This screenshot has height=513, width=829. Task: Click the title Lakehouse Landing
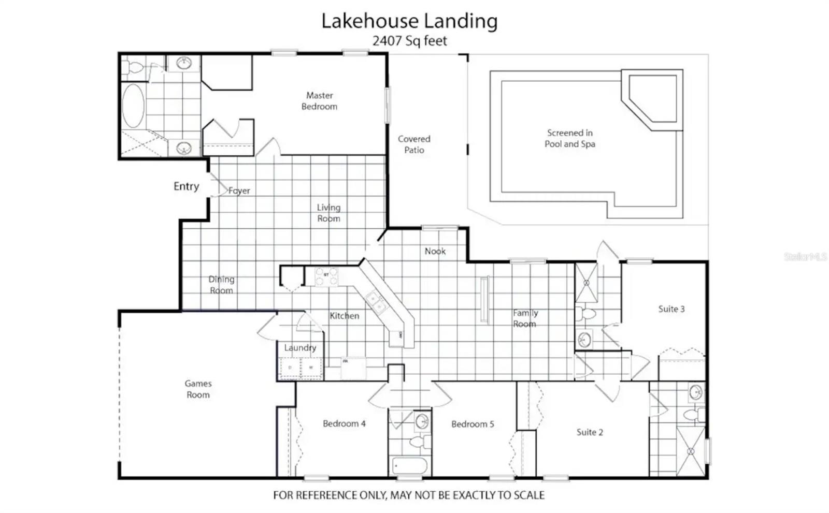click(409, 21)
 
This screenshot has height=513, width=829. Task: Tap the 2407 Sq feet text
click(410, 41)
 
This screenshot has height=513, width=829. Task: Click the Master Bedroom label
click(319, 101)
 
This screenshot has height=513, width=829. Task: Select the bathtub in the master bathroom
click(133, 106)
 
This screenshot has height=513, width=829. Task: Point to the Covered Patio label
click(414, 144)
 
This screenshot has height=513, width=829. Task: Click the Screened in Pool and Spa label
click(570, 138)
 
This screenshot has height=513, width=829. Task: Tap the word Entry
click(186, 186)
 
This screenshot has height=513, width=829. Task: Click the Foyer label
click(239, 191)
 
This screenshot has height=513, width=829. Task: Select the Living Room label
click(328, 213)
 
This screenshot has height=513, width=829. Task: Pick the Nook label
click(435, 252)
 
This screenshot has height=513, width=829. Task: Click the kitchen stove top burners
click(326, 276)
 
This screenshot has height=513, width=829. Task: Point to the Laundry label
click(300, 348)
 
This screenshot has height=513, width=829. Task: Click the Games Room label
click(198, 389)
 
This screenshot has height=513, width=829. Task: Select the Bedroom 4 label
click(344, 424)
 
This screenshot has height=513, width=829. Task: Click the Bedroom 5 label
click(473, 424)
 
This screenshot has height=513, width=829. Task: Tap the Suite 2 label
click(590, 432)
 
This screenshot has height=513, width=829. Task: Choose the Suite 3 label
click(671, 309)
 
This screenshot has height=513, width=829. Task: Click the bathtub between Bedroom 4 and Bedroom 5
click(410, 466)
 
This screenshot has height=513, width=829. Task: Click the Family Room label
click(525, 318)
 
